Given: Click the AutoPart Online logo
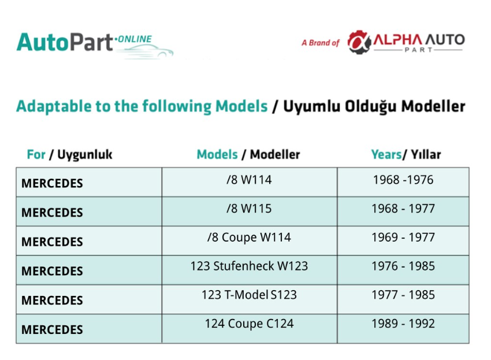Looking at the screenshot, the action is (95, 46).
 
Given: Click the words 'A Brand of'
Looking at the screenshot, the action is (321, 43).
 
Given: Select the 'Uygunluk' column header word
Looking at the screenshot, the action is (85, 155).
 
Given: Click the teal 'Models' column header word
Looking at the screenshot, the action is (217, 154).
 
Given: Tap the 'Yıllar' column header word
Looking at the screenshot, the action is (426, 154).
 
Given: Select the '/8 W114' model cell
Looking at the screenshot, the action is (250, 180).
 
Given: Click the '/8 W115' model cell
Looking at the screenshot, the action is (250, 209).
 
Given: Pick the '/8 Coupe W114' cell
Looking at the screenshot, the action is (250, 237).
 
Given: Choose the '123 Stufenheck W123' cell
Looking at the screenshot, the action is (250, 266).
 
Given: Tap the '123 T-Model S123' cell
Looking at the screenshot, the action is (250, 295).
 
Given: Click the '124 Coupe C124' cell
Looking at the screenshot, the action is (250, 324).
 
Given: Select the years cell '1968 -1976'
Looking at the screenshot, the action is (403, 180).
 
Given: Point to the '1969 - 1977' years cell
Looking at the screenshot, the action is (403, 237).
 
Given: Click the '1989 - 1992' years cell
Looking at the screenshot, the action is (403, 324).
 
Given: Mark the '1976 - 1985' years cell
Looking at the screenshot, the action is (403, 266).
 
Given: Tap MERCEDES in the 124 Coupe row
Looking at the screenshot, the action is (53, 330).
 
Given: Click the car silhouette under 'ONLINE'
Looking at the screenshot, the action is (147, 51).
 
